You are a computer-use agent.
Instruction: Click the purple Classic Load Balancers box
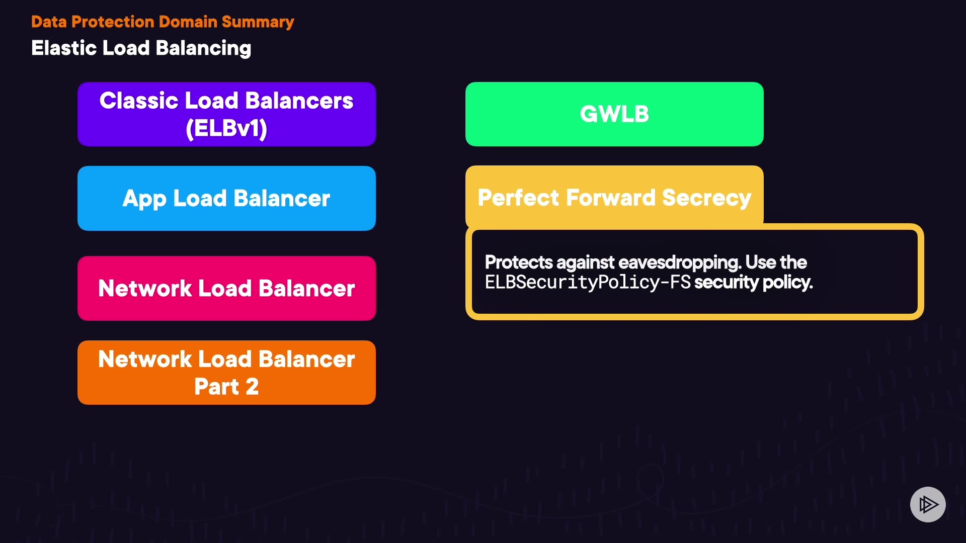pos(226,114)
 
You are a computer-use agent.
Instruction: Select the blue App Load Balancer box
pos(226,198)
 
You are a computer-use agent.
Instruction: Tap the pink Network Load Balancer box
pos(226,288)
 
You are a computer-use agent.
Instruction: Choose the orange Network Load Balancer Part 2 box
pos(226,373)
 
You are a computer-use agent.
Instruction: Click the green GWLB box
pos(614,114)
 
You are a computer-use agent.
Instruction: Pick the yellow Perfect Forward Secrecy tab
pos(614,197)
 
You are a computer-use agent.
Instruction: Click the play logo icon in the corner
pos(928,504)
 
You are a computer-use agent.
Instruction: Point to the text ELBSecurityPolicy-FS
pos(588,282)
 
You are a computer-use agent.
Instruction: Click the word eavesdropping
pos(679,262)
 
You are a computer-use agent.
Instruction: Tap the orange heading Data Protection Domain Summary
pos(163,22)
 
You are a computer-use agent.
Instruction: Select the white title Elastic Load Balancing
pos(141,48)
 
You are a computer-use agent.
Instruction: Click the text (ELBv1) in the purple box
pos(226,128)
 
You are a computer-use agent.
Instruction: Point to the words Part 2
pos(226,387)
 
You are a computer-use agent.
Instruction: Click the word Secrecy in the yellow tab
pos(706,198)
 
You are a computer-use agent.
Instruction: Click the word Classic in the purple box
pos(139,101)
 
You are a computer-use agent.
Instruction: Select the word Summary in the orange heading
pos(258,22)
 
